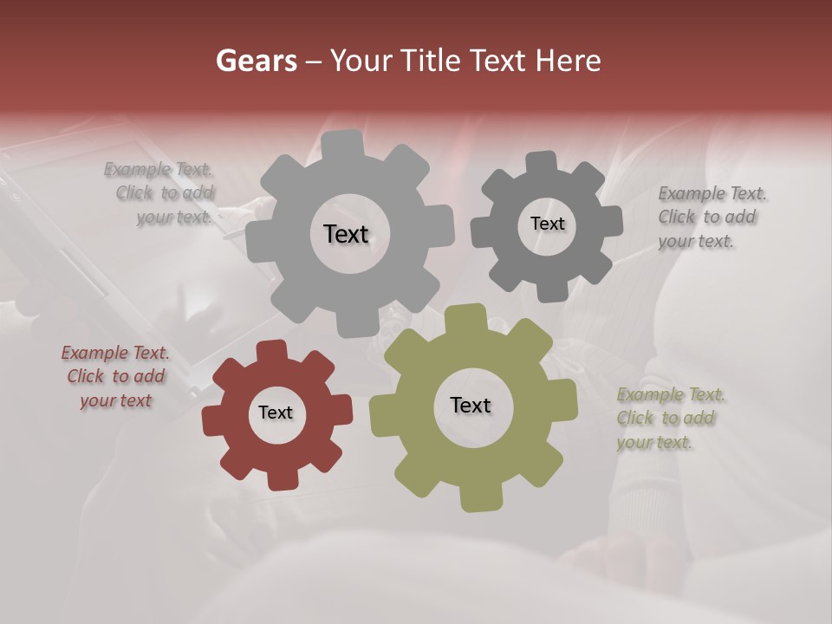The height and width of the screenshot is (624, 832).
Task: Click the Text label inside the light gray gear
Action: point(346,234)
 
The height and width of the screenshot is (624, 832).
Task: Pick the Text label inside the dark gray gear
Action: point(547,224)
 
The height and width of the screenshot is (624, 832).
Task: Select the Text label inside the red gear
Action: point(276,413)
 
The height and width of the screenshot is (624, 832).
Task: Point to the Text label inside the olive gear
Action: point(471,405)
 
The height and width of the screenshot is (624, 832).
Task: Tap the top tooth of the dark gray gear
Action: point(543,163)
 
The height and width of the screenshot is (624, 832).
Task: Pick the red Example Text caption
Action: point(115,376)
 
